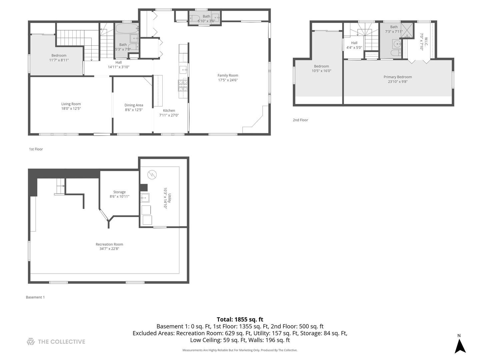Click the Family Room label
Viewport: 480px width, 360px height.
(228, 75)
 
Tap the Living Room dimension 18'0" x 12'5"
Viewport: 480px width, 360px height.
(71, 108)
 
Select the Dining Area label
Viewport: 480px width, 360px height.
(134, 105)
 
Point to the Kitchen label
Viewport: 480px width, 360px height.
(169, 111)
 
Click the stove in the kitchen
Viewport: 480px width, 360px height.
(183, 86)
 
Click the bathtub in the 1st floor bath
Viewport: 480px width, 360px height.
(127, 28)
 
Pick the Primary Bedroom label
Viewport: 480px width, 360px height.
(397, 77)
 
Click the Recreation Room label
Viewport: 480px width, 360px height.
(109, 244)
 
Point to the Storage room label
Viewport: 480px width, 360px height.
(119, 192)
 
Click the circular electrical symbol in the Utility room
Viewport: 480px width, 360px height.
(152, 174)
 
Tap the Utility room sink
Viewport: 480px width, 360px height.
(145, 198)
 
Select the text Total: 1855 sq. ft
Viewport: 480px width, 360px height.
(240, 319)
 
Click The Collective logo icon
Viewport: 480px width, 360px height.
(31, 342)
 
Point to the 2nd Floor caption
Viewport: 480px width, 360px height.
(300, 120)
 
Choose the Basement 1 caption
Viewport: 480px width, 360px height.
(35, 297)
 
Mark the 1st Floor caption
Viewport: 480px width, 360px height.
(36, 149)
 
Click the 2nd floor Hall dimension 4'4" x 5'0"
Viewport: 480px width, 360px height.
(354, 48)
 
